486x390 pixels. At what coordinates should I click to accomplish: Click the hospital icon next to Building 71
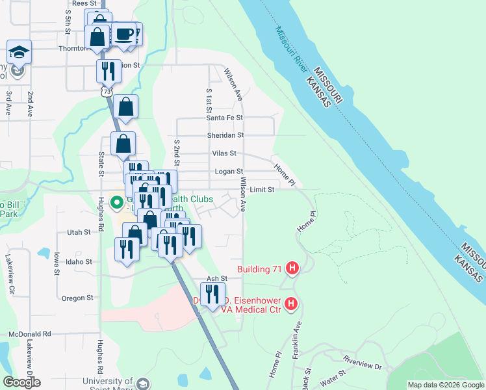point(292,268)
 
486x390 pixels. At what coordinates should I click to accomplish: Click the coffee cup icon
point(123,34)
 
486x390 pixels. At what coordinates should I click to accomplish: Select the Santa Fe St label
point(224,118)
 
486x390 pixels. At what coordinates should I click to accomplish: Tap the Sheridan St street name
point(225,135)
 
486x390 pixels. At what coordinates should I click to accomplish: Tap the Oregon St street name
point(77,298)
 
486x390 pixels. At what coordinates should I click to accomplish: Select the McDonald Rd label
point(30,333)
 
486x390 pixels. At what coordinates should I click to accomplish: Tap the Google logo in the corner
point(21,382)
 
